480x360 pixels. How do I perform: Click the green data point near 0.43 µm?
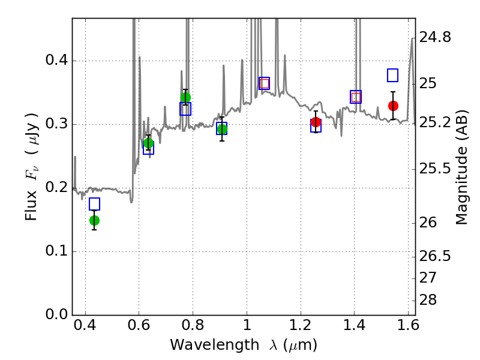pyautogui.click(x=95, y=220)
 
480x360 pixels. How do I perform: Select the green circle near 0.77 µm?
pyautogui.click(x=185, y=98)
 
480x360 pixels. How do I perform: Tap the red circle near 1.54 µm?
pyautogui.click(x=394, y=106)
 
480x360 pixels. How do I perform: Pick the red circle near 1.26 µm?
pyautogui.click(x=316, y=122)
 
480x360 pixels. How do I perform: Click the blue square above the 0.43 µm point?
pyautogui.click(x=95, y=204)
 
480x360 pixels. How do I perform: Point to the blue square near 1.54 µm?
pyautogui.click(x=393, y=76)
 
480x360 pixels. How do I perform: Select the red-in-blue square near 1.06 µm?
pyautogui.click(x=264, y=83)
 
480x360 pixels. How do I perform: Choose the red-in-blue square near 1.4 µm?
pyautogui.click(x=356, y=97)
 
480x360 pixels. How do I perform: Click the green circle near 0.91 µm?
pyautogui.click(x=222, y=130)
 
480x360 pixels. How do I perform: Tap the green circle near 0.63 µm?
pyautogui.click(x=148, y=143)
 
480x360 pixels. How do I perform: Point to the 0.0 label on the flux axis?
pyautogui.click(x=56, y=314)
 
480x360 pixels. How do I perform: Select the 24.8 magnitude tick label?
pyautogui.click(x=435, y=37)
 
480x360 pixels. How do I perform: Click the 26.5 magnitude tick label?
pyautogui.click(x=435, y=256)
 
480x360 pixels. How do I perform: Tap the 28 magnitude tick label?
pyautogui.click(x=428, y=300)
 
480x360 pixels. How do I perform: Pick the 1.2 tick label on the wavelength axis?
pyautogui.click(x=301, y=325)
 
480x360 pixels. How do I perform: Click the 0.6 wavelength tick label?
pyautogui.click(x=139, y=325)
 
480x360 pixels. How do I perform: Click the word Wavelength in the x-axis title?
pyautogui.click(x=215, y=345)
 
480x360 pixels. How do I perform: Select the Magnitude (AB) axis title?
pyautogui.click(x=461, y=167)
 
